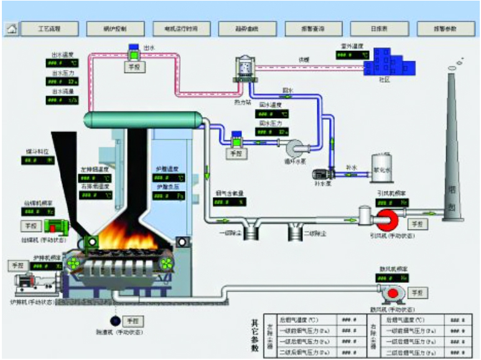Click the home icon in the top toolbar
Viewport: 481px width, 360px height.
point(11,29)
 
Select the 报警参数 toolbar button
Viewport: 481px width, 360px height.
point(445,29)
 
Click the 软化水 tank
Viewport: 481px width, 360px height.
point(381,163)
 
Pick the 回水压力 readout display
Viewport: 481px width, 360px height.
point(272,132)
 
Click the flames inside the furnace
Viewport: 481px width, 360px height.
point(131,239)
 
